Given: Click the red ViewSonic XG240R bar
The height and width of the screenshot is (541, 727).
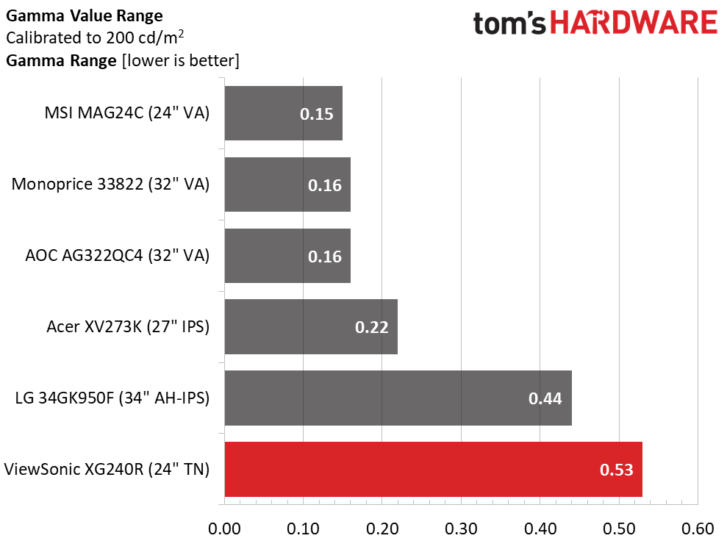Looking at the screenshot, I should tap(433, 469).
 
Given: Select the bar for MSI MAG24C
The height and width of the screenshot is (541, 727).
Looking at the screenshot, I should tap(283, 113).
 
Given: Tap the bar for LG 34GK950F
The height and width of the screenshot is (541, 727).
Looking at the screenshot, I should tap(398, 398).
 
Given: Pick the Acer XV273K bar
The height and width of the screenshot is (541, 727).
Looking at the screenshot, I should tap(311, 326).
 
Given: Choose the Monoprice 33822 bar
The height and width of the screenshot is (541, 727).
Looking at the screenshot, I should tap(287, 184).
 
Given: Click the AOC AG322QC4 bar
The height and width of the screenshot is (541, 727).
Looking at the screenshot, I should tap(287, 256).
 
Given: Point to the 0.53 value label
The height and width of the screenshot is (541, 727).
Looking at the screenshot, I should tap(617, 470).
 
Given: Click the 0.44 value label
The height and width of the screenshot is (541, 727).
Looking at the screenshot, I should tap(545, 398).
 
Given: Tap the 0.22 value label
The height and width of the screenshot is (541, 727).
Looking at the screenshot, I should tap(371, 327).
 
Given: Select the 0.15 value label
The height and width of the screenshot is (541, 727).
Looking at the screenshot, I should tap(317, 114).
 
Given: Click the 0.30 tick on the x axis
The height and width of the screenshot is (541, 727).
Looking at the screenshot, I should tap(461, 529).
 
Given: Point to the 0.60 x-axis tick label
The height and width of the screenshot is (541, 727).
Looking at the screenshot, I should tap(698, 529).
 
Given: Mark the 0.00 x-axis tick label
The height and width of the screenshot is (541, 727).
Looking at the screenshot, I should tap(224, 529).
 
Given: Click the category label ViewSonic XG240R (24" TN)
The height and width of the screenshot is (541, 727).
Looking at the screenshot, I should tap(107, 469).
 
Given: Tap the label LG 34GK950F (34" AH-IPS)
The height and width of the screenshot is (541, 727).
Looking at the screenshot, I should tap(112, 398).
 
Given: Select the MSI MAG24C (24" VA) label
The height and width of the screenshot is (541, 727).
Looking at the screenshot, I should tap(126, 113).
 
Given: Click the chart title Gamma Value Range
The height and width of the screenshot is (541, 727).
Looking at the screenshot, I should tap(84, 15).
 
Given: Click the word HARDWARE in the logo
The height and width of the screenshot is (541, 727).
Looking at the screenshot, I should tap(634, 23).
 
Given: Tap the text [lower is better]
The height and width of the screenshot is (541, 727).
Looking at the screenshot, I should tap(179, 61).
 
